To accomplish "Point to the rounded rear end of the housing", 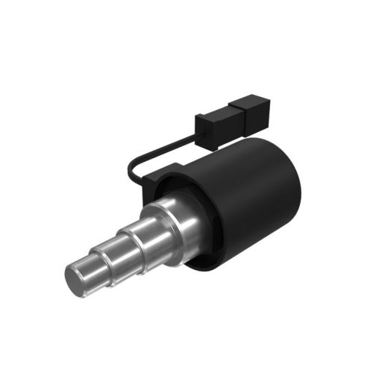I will click(295, 179).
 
